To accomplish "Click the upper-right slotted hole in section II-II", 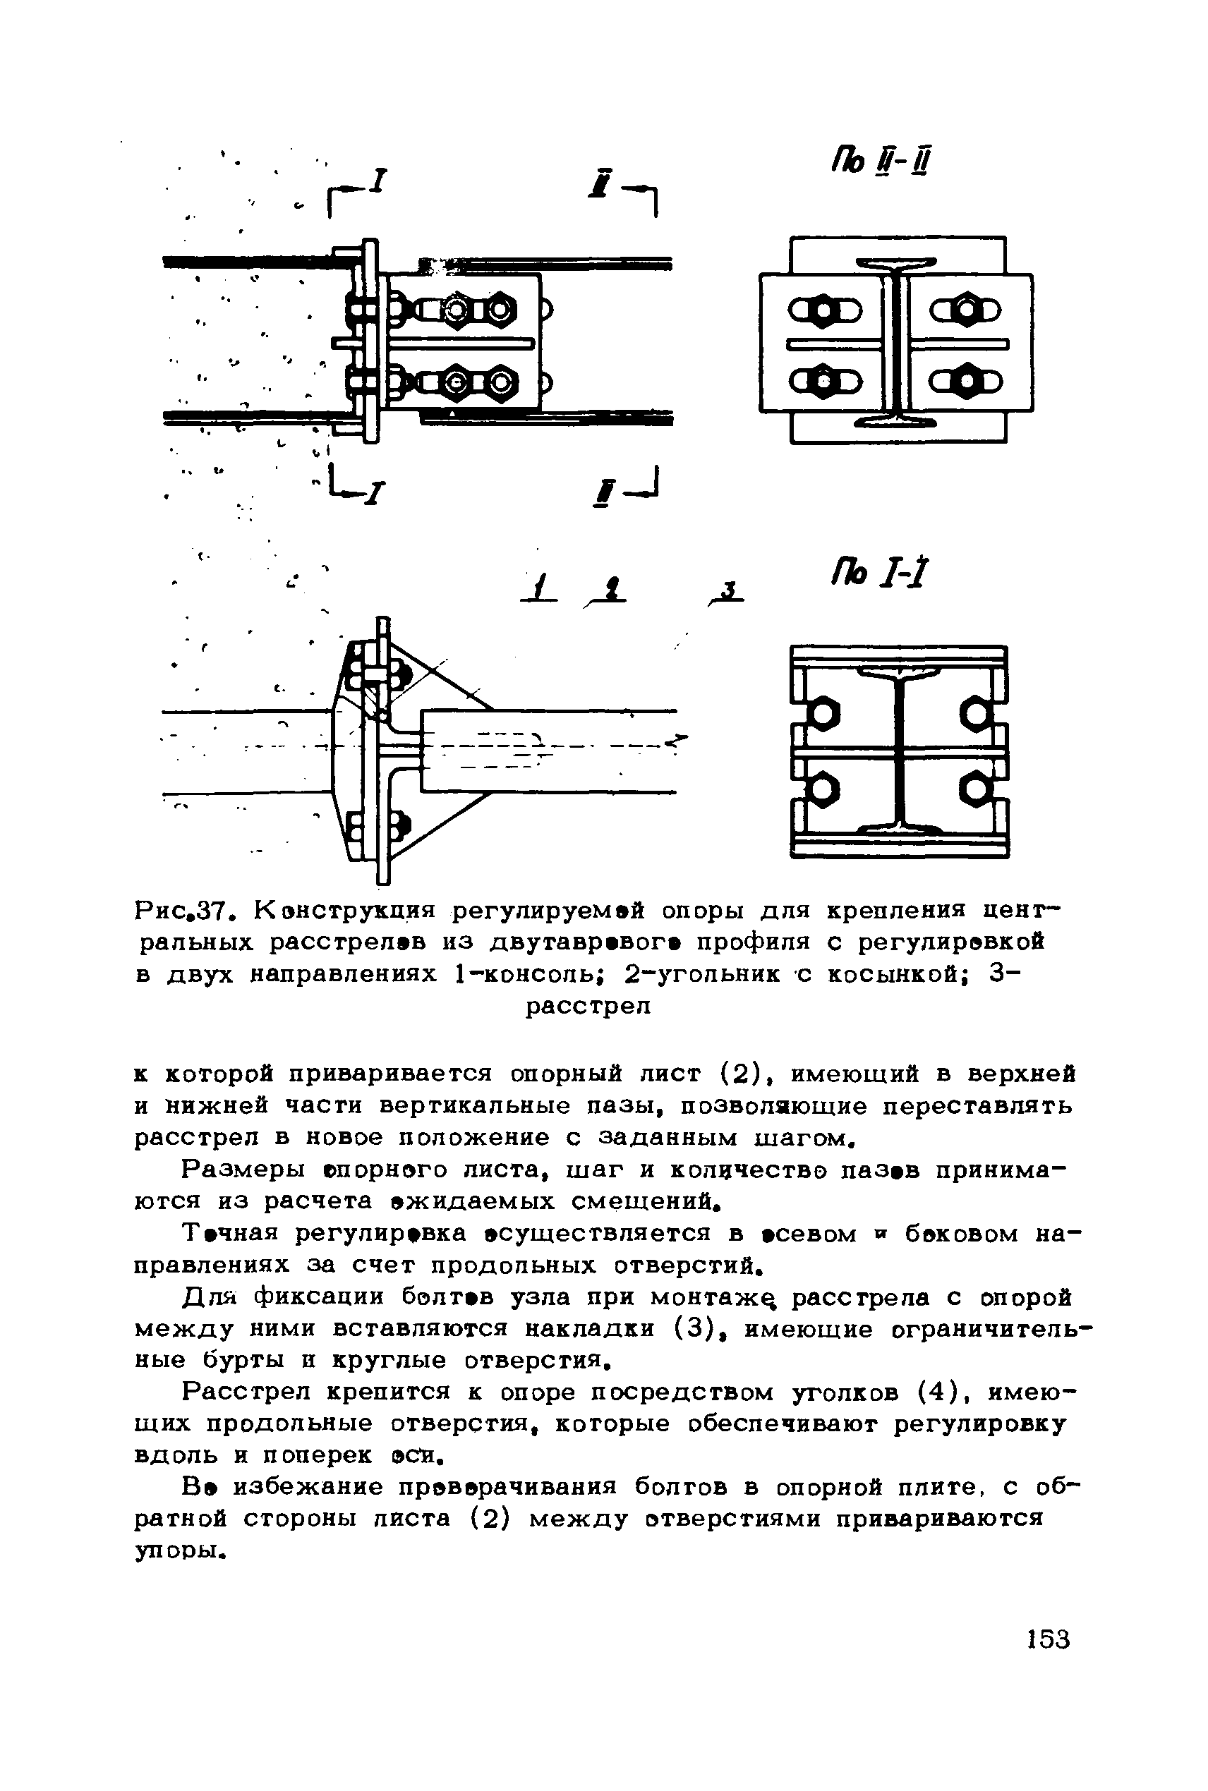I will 966,310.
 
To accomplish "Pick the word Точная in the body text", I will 229,1234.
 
